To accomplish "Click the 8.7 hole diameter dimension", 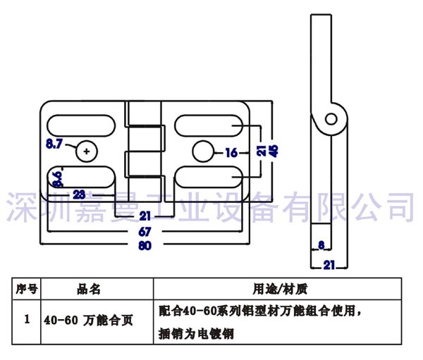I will [54, 144].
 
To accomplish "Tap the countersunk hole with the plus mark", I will [86, 151].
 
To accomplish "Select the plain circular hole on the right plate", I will [203, 151].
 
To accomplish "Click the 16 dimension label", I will [231, 151].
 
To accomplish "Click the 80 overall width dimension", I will [145, 245].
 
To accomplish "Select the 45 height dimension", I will [274, 150].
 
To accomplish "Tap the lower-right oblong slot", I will [209, 177].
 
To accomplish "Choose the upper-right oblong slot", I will [209, 125].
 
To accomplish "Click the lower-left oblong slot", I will [81, 177].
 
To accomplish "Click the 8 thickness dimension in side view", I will [321, 245].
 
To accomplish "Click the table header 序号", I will [26, 289].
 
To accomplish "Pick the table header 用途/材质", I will [278, 289].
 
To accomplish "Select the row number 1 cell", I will [26, 319].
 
